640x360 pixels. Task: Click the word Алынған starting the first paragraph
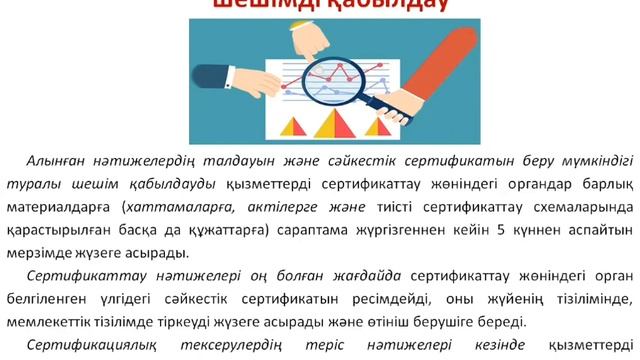coord(55,161)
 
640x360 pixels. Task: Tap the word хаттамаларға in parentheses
coord(177,206)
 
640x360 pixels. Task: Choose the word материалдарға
coord(63,206)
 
